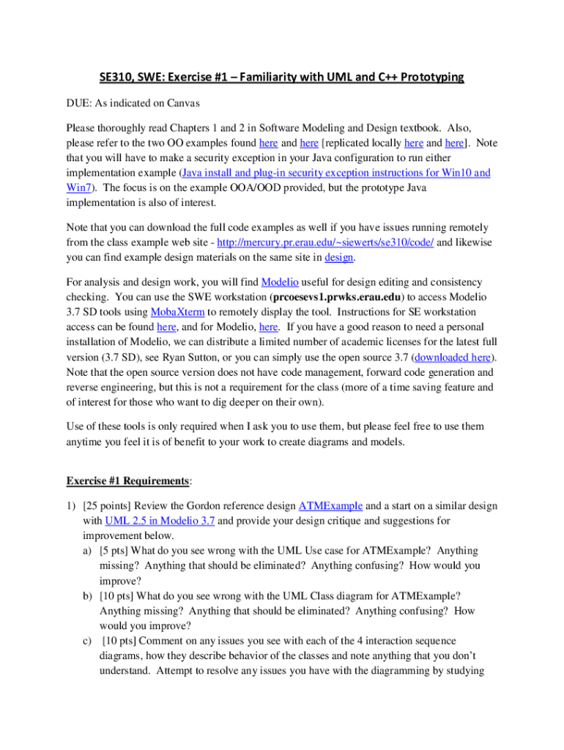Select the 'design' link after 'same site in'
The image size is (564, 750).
click(344, 258)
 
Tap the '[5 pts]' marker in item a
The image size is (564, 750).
click(116, 551)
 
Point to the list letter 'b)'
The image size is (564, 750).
click(88, 596)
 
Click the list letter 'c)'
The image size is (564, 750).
click(88, 642)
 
